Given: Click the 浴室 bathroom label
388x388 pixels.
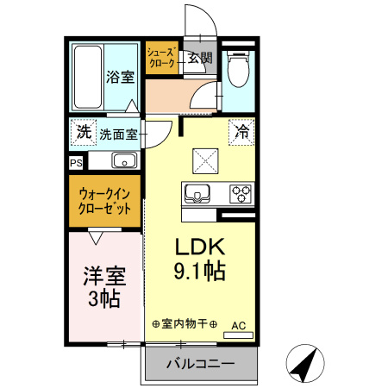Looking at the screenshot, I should pyautogui.click(x=120, y=77).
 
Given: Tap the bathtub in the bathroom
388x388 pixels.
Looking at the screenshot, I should pyautogui.click(x=85, y=75).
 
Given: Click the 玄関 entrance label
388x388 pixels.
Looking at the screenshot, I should pyautogui.click(x=200, y=59).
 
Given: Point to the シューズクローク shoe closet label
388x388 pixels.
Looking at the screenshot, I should pyautogui.click(x=161, y=59).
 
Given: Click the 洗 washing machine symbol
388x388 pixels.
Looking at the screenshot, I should pyautogui.click(x=83, y=133).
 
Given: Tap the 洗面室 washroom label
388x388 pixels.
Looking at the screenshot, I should pyautogui.click(x=118, y=134).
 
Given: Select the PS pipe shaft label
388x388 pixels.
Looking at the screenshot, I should pyautogui.click(x=77, y=161).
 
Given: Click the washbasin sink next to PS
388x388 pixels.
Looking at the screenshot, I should pyautogui.click(x=121, y=160).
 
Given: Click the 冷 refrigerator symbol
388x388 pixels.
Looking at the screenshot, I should pyautogui.click(x=241, y=133).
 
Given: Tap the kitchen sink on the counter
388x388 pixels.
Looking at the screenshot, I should pyautogui.click(x=197, y=194).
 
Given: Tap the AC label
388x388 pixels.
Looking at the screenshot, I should pyautogui.click(x=240, y=326).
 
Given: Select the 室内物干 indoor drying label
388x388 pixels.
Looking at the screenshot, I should pyautogui.click(x=185, y=324).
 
